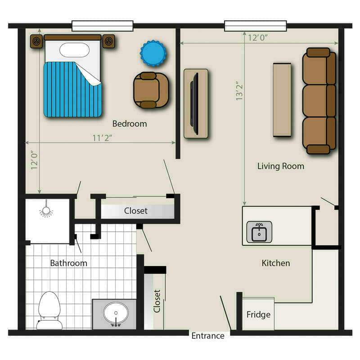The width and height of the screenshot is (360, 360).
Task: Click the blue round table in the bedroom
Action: coord(153,53)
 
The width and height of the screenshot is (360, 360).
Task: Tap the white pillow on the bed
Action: coord(74,50)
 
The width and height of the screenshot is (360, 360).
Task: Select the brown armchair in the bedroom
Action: coord(151,90)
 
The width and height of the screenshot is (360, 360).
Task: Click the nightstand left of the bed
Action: coord(36,41)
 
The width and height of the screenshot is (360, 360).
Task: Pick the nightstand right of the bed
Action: coord(108,41)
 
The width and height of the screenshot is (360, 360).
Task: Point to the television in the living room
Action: coord(195,103)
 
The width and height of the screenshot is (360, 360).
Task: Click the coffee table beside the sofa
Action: coord(282,99)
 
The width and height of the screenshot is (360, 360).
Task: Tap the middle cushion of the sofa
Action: coord(319,100)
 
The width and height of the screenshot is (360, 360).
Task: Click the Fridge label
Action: coord(258,314)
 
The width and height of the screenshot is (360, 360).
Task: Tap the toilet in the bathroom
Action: coord(49,310)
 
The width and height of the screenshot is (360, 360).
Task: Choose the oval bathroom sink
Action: coord(116,313)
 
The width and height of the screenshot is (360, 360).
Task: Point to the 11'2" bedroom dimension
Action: coord(102,138)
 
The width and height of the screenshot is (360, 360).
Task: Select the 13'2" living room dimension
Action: coord(239,90)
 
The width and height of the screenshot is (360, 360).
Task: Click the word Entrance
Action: coord(208,336)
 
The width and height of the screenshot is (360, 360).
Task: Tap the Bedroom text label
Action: coord(130,124)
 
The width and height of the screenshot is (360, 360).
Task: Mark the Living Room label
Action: coord(280,166)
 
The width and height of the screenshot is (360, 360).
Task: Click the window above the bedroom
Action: coord(103,26)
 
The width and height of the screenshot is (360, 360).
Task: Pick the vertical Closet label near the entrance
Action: coord(157,301)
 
